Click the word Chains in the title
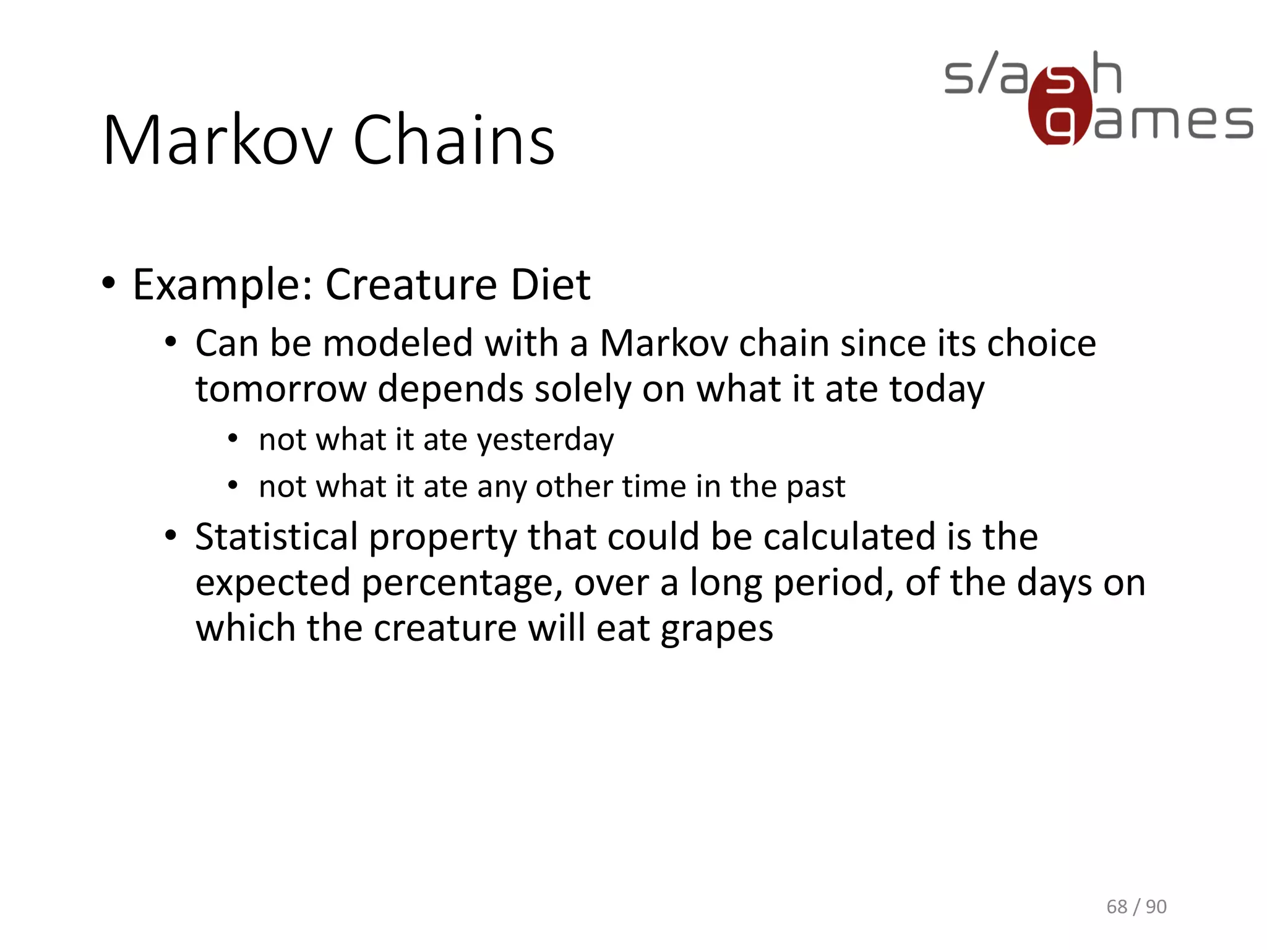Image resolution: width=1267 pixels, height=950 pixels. (453, 141)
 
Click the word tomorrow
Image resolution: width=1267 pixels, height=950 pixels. (281, 390)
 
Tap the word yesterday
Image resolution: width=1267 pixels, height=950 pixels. (546, 441)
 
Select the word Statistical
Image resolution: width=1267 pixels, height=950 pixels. (277, 537)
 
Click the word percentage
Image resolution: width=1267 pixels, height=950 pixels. (462, 584)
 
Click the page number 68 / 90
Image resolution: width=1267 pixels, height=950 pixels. (1136, 907)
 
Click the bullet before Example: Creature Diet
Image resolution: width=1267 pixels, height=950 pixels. (109, 283)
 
